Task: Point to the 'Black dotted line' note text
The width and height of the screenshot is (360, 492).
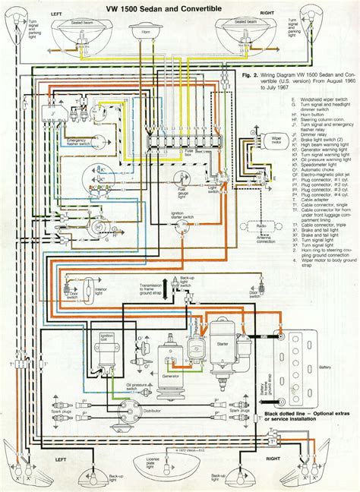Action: coord(303,417)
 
